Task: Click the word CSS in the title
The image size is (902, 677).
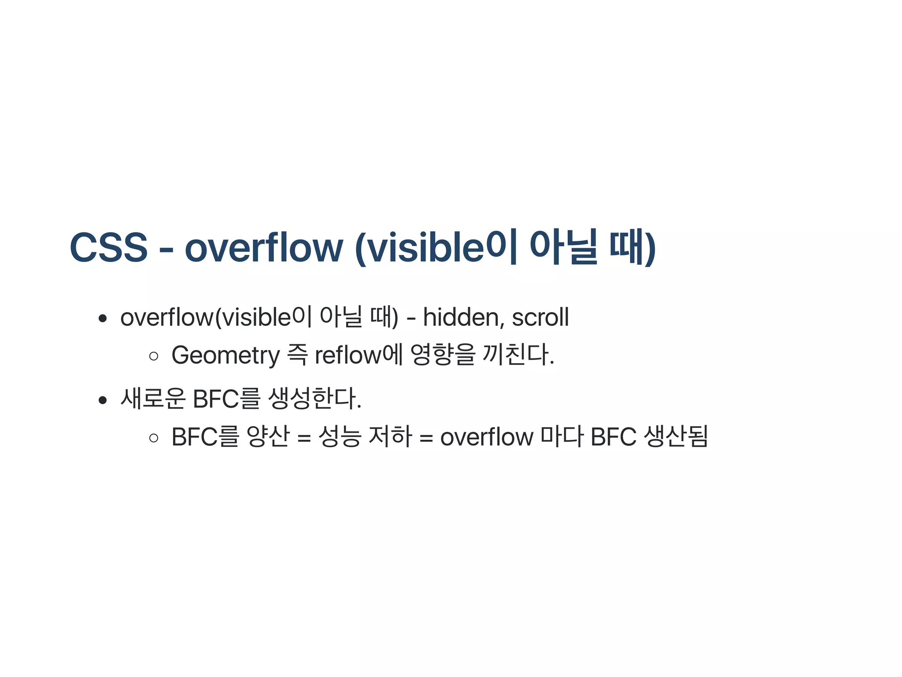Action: pyautogui.click(x=108, y=247)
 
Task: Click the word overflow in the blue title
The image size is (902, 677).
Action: pyautogui.click(x=263, y=247)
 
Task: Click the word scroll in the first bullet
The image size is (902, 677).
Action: pyautogui.click(x=540, y=317)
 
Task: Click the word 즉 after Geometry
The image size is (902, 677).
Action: pyautogui.click(x=297, y=355)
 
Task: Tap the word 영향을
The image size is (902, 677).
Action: pyautogui.click(x=442, y=355)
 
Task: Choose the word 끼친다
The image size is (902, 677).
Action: pyautogui.click(x=518, y=355)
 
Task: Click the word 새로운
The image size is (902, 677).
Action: pyautogui.click(x=152, y=399)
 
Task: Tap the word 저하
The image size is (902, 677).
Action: pyautogui.click(x=390, y=437)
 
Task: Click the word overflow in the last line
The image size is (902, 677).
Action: pyautogui.click(x=487, y=437)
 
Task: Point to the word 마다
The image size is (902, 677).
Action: pyautogui.click(x=562, y=437)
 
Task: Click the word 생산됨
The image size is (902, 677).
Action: pyautogui.click(x=676, y=437)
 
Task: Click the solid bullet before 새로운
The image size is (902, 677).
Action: pyautogui.click(x=103, y=400)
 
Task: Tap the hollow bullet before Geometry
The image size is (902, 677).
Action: pyautogui.click(x=154, y=356)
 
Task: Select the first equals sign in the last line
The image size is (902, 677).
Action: pyautogui.click(x=304, y=438)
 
